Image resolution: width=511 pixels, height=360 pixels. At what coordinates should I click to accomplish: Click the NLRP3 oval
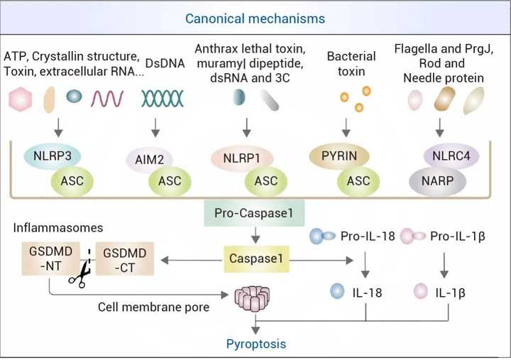pyautogui.click(x=52, y=156)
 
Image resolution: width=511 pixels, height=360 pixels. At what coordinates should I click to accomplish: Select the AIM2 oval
pyautogui.click(x=149, y=160)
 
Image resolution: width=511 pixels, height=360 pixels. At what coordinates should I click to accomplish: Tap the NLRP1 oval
pyautogui.click(x=242, y=158)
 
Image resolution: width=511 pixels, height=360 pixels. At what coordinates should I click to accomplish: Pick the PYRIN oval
pyautogui.click(x=339, y=156)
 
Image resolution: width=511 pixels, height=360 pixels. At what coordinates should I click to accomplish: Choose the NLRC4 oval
pyautogui.click(x=451, y=156)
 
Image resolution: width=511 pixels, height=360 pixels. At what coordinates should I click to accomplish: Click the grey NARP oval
pyautogui.click(x=438, y=181)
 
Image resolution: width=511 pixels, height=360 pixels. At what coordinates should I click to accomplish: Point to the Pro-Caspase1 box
pyautogui.click(x=254, y=213)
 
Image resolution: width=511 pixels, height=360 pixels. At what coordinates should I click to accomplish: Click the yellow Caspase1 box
pyautogui.click(x=256, y=258)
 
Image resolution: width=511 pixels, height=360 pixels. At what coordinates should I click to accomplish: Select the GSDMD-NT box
pyautogui.click(x=51, y=258)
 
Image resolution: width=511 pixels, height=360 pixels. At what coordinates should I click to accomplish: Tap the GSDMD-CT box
pyautogui.click(x=125, y=259)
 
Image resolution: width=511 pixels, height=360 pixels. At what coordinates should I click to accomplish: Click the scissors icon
pyautogui.click(x=80, y=273)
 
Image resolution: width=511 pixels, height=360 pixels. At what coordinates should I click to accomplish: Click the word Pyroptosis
pyautogui.click(x=256, y=344)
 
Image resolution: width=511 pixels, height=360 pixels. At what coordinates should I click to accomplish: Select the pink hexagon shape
pyautogui.click(x=21, y=99)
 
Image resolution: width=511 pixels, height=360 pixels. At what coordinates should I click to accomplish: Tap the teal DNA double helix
pyautogui.click(x=163, y=99)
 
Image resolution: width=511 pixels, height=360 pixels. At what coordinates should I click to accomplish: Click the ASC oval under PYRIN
pyautogui.click(x=358, y=181)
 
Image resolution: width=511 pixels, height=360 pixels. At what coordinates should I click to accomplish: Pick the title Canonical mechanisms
pyautogui.click(x=255, y=18)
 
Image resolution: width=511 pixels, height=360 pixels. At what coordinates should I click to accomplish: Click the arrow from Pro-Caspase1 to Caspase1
pyautogui.click(x=255, y=235)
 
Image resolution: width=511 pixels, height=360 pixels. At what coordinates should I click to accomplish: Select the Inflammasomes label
pyautogui.click(x=58, y=228)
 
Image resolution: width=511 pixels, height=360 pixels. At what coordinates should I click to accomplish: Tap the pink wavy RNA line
pyautogui.click(x=107, y=99)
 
